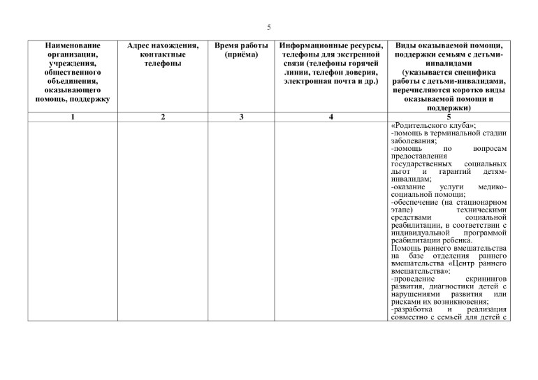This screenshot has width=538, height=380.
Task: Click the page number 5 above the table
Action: click(269, 27)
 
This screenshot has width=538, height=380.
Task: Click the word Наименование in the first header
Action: click(73, 45)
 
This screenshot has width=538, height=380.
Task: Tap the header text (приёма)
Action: click(241, 54)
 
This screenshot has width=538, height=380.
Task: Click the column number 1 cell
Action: click(73, 117)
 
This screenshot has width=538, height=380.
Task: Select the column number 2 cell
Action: click(163, 117)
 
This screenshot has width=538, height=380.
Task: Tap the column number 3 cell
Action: click(241, 117)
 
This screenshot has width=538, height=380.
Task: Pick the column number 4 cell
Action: click(330, 117)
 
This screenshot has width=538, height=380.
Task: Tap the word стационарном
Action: click(481, 201)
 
